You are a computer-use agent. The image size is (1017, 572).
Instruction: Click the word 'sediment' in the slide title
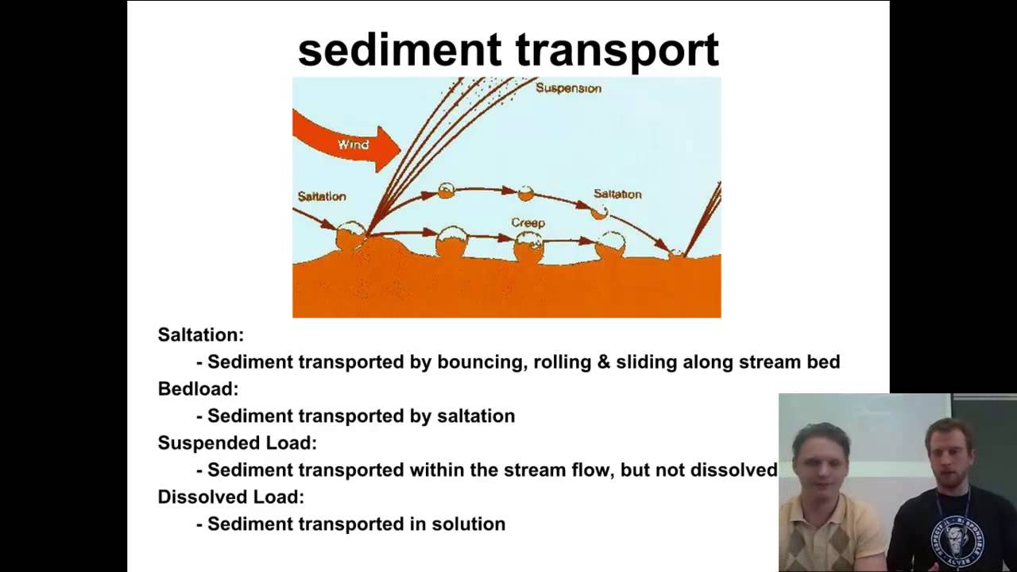(x=403, y=50)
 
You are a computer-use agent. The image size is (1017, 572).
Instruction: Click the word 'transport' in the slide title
(x=618, y=52)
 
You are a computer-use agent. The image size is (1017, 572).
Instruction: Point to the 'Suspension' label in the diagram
(x=568, y=88)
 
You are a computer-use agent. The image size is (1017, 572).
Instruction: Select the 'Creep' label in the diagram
(x=528, y=223)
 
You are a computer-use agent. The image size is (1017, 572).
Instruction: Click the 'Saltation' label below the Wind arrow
(x=322, y=196)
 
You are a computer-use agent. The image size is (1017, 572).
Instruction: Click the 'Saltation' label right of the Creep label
(x=617, y=194)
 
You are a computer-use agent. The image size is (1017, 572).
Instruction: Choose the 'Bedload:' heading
(x=198, y=389)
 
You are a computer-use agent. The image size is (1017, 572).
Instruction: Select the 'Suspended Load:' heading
(x=237, y=443)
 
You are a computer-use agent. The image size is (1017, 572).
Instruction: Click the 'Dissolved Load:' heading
(x=230, y=497)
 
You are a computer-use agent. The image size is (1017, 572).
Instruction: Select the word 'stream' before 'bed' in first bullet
(x=772, y=362)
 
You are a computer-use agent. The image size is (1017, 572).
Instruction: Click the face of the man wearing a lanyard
(x=948, y=456)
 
